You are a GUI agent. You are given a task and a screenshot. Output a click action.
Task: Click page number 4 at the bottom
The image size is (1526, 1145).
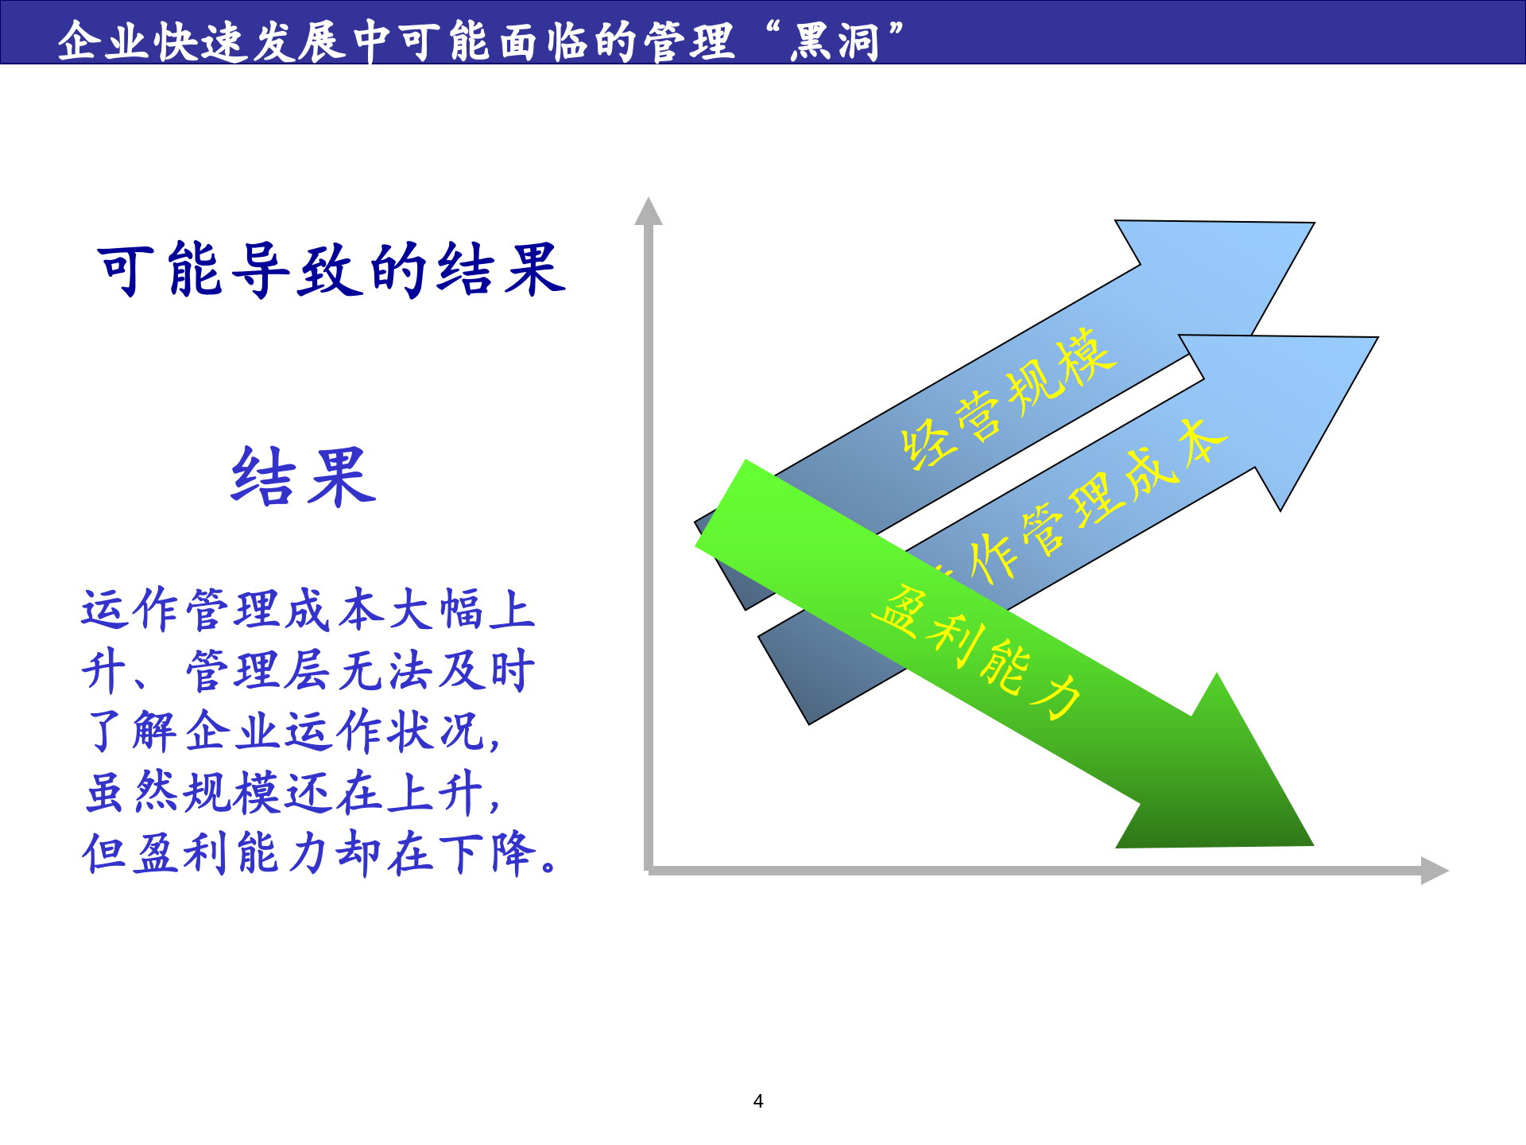tap(758, 1101)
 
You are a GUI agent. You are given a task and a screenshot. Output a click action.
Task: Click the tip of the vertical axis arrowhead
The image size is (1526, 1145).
tap(649, 200)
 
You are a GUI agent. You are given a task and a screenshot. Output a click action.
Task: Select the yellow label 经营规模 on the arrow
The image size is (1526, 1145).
tap(1008, 398)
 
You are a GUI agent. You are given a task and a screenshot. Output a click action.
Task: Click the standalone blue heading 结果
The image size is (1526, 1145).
tap(303, 477)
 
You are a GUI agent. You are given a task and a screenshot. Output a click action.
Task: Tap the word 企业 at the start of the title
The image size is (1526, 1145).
tap(103, 41)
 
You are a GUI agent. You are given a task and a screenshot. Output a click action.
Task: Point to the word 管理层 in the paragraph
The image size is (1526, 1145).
tap(258, 671)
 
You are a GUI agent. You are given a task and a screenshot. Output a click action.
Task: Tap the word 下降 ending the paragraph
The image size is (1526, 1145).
tap(486, 853)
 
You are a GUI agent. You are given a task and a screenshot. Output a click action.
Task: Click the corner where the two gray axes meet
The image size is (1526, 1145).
tap(649, 871)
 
